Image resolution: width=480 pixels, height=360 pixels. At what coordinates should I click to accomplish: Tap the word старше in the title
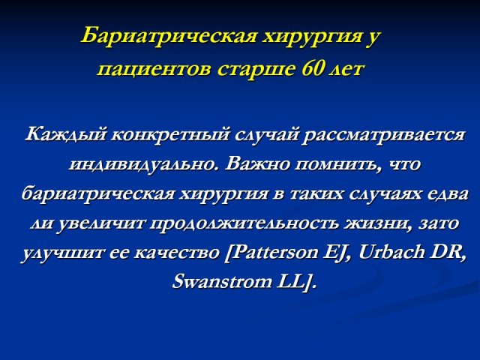click(256, 70)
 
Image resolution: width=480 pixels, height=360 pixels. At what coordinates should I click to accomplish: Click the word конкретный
click(170, 135)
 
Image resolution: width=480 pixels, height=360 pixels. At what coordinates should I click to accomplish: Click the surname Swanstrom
click(222, 282)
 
